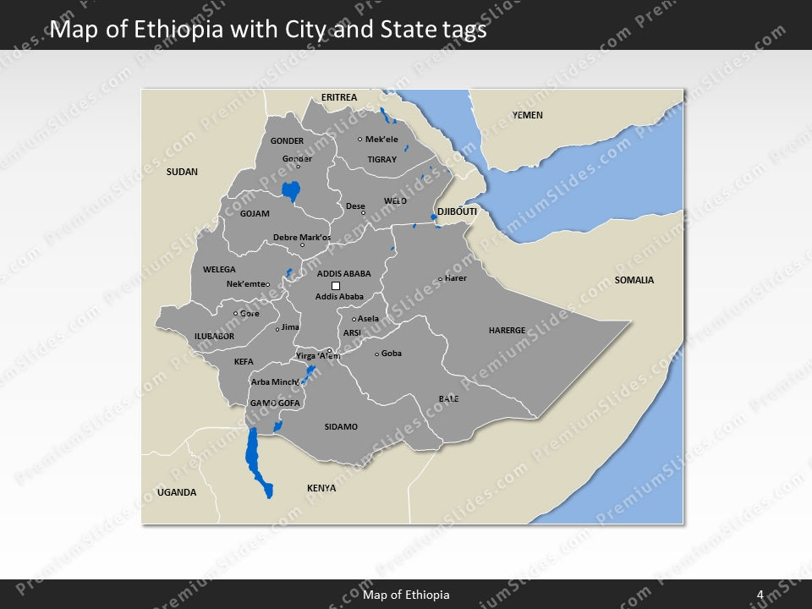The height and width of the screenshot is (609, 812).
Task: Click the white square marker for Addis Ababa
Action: pos(336,286)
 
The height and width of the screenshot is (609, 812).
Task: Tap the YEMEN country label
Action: pos(527,115)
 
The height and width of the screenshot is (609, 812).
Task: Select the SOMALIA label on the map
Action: pos(634,280)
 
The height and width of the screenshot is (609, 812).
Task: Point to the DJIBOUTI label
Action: pos(457,211)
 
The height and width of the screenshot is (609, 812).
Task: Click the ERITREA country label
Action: pos(338,98)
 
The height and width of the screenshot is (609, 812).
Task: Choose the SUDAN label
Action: pos(182,172)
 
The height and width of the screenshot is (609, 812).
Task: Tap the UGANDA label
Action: pos(177,492)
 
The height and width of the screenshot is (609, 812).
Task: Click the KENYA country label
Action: pos(321,488)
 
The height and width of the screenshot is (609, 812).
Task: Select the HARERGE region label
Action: pos(507,331)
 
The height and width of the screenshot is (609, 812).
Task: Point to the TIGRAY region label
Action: pos(381,159)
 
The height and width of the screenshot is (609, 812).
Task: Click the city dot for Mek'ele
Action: pos(359,140)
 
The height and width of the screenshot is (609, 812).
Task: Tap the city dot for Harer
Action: pos(440,279)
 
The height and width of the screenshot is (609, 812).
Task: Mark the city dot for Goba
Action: pos(376,354)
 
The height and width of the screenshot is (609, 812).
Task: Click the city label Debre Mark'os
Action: pos(302,237)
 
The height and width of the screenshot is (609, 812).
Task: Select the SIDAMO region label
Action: pos(341,427)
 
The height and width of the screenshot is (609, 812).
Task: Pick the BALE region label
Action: pos(448,398)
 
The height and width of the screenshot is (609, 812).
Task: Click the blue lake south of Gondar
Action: pos(292,192)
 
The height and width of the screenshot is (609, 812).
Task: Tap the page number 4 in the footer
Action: pos(760,595)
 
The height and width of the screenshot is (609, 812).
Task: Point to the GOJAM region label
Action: pos(255,213)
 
